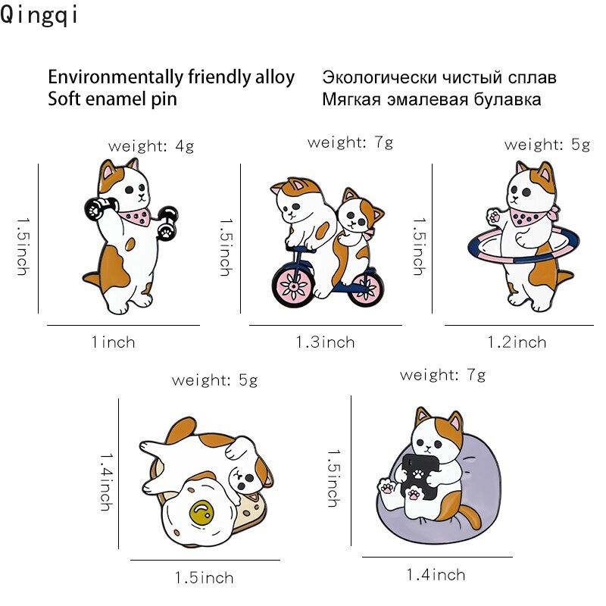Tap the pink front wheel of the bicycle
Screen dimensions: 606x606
pyautogui.click(x=292, y=282)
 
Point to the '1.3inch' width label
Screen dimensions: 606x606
pyautogui.click(x=325, y=342)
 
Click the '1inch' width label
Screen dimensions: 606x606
pyautogui.click(x=113, y=342)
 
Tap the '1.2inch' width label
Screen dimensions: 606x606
pyautogui.click(x=516, y=342)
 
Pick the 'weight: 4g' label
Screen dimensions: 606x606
pyautogui.click(x=151, y=146)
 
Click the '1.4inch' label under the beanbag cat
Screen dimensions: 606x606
pyautogui.click(x=436, y=575)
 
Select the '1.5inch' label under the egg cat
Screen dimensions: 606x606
pyautogui.click(x=204, y=578)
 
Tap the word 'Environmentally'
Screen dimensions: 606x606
pyautogui.click(x=107, y=77)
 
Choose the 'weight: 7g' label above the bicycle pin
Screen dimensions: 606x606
pyautogui.click(x=350, y=142)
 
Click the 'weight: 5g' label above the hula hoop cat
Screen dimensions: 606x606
pyautogui.click(x=547, y=145)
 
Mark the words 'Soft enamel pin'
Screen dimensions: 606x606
pyautogui.click(x=112, y=99)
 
